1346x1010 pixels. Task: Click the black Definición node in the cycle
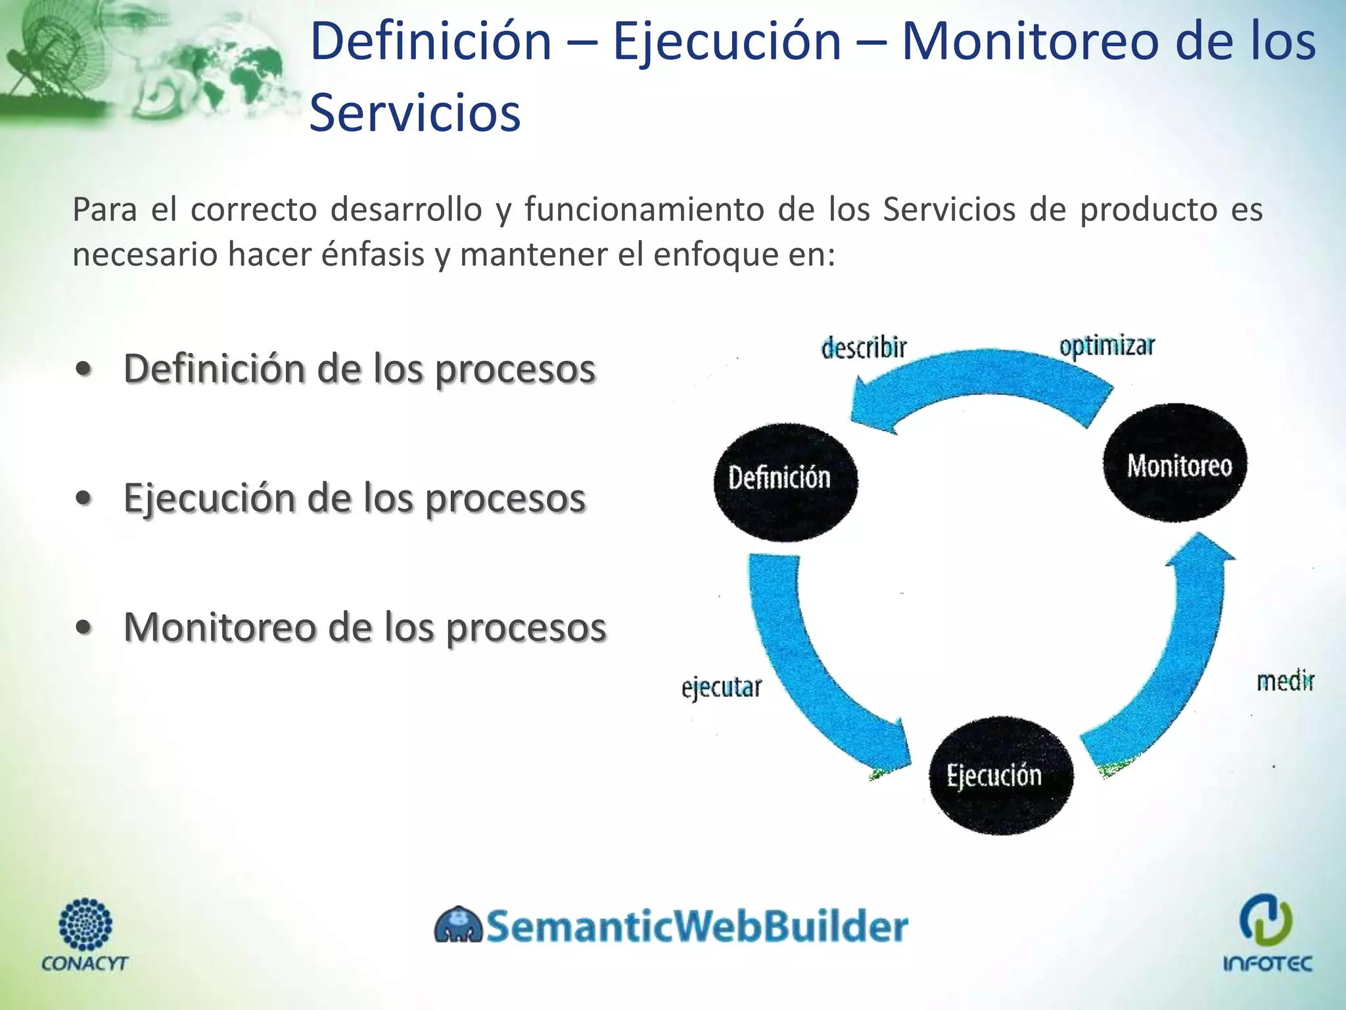pyautogui.click(x=785, y=481)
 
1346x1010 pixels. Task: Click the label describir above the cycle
pyautogui.click(x=864, y=347)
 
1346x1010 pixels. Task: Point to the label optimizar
pyautogui.click(x=1107, y=346)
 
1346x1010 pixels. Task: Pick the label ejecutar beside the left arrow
pyautogui.click(x=721, y=688)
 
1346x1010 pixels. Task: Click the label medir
pyautogui.click(x=1285, y=681)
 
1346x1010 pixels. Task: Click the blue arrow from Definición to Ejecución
pyautogui.click(x=808, y=677)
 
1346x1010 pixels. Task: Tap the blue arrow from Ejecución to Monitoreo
pyautogui.click(x=1176, y=664)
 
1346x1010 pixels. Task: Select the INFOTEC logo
pyautogui.click(x=1266, y=932)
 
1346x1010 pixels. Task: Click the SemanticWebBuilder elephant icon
pyautogui.click(x=458, y=926)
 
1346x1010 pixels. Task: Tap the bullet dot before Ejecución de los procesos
pyautogui.click(x=83, y=498)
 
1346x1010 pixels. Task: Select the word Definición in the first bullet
pyautogui.click(x=214, y=369)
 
